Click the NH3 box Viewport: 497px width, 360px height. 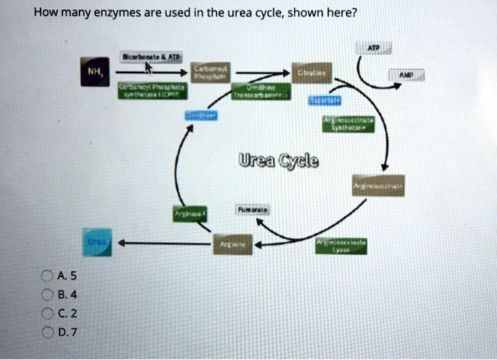coord(93,71)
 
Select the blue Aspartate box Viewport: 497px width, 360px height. coord(325,101)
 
